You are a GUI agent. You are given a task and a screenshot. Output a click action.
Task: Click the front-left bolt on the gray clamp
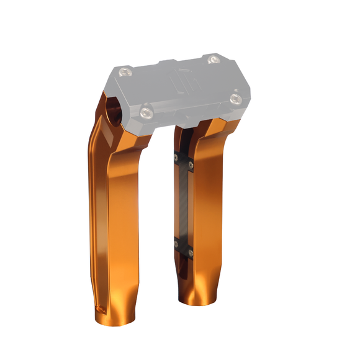(x=146, y=112)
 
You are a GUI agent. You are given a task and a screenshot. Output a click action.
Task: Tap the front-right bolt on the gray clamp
(x=235, y=98)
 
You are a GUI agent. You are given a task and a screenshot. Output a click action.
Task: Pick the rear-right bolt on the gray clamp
(x=214, y=60)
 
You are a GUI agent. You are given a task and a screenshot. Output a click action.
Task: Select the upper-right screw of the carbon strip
(x=191, y=164)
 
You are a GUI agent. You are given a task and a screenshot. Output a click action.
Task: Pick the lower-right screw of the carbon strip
(x=191, y=252)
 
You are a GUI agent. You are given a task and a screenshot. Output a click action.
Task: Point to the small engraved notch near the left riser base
(x=97, y=307)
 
